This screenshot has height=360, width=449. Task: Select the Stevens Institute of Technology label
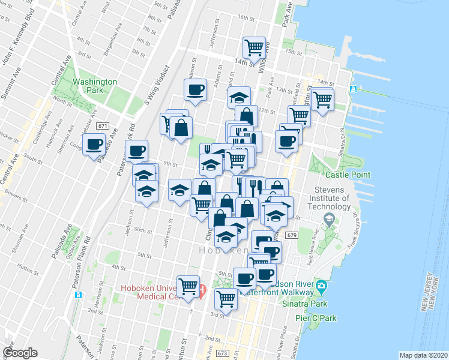point(328,199)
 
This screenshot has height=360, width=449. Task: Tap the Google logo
point(20,353)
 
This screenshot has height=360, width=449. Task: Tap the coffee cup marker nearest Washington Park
point(94,145)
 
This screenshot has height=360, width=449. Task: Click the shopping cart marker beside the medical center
point(188,286)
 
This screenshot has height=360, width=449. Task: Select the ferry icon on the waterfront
point(354,89)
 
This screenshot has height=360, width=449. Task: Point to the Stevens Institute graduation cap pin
point(328,220)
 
